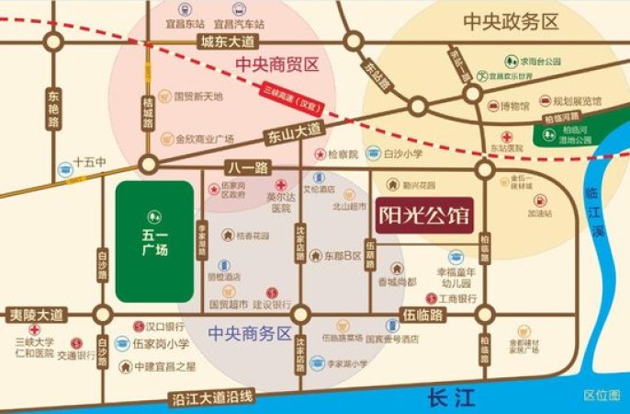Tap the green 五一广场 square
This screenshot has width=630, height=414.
coord(154,241)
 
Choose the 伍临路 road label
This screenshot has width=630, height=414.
coord(422,315)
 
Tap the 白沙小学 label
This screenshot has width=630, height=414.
coord(401,155)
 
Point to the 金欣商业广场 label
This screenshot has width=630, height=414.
coord(205,140)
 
